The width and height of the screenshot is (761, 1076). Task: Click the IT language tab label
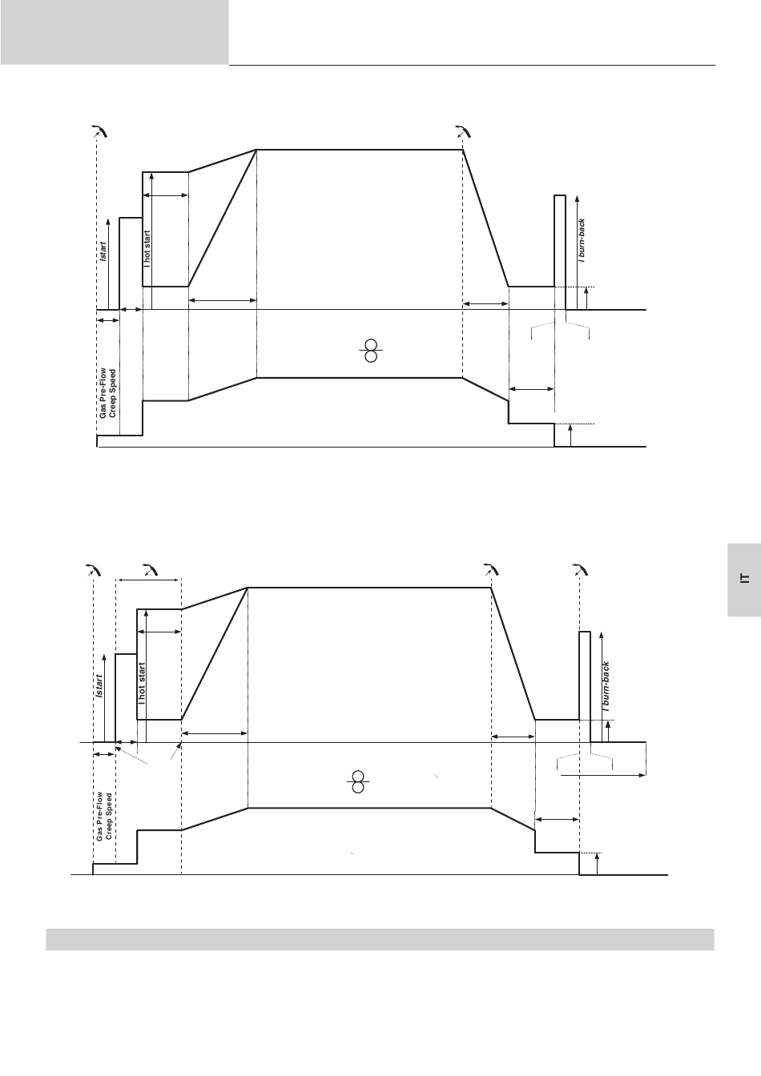click(745, 578)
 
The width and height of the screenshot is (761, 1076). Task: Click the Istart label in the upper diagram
click(103, 251)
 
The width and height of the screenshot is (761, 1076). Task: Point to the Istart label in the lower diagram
click(99, 686)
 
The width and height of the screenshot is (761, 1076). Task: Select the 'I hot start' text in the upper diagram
click(147, 249)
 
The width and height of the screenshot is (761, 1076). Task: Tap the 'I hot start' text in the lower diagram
click(141, 684)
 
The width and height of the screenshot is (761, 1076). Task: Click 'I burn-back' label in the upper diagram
click(582, 241)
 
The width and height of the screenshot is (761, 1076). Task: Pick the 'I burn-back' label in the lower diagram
click(606, 686)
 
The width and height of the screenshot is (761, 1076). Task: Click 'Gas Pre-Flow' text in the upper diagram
click(103, 393)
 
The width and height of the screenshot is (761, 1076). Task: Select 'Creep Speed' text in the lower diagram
click(109, 816)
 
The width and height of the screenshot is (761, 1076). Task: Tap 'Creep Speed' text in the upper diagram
click(112, 393)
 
